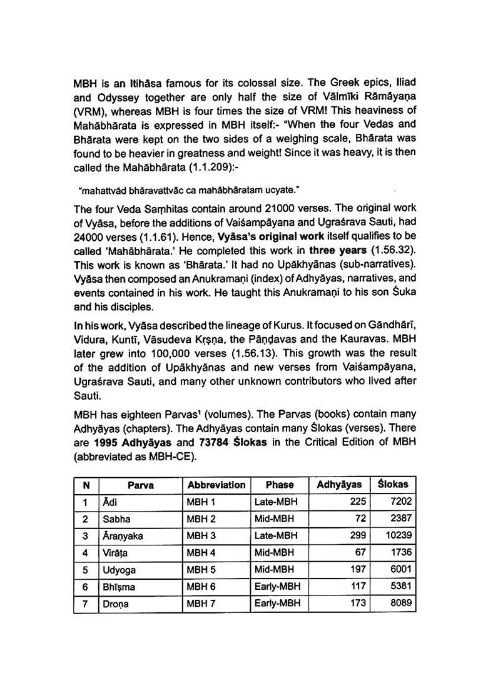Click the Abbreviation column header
pyautogui.click(x=216, y=485)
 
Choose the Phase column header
pyautogui.click(x=279, y=485)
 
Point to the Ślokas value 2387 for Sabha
pyautogui.click(x=396, y=519)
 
